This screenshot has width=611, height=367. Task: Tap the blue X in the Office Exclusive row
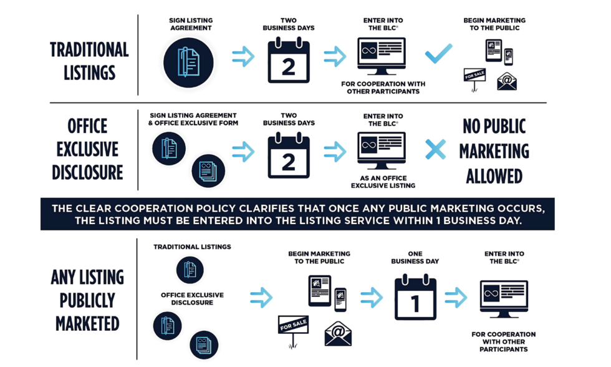(436, 150)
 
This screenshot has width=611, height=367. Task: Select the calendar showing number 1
(415, 297)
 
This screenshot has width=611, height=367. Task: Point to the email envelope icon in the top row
(507, 81)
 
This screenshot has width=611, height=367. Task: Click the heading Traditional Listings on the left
(89, 61)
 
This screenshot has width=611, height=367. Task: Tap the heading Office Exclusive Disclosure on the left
(88, 149)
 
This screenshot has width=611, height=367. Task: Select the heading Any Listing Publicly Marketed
(87, 300)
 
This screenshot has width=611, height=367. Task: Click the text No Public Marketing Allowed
(495, 151)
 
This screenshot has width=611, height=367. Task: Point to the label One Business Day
(415, 257)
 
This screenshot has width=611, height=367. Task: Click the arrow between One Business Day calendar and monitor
(456, 298)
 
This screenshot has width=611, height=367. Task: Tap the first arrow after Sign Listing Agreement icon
(243, 57)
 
